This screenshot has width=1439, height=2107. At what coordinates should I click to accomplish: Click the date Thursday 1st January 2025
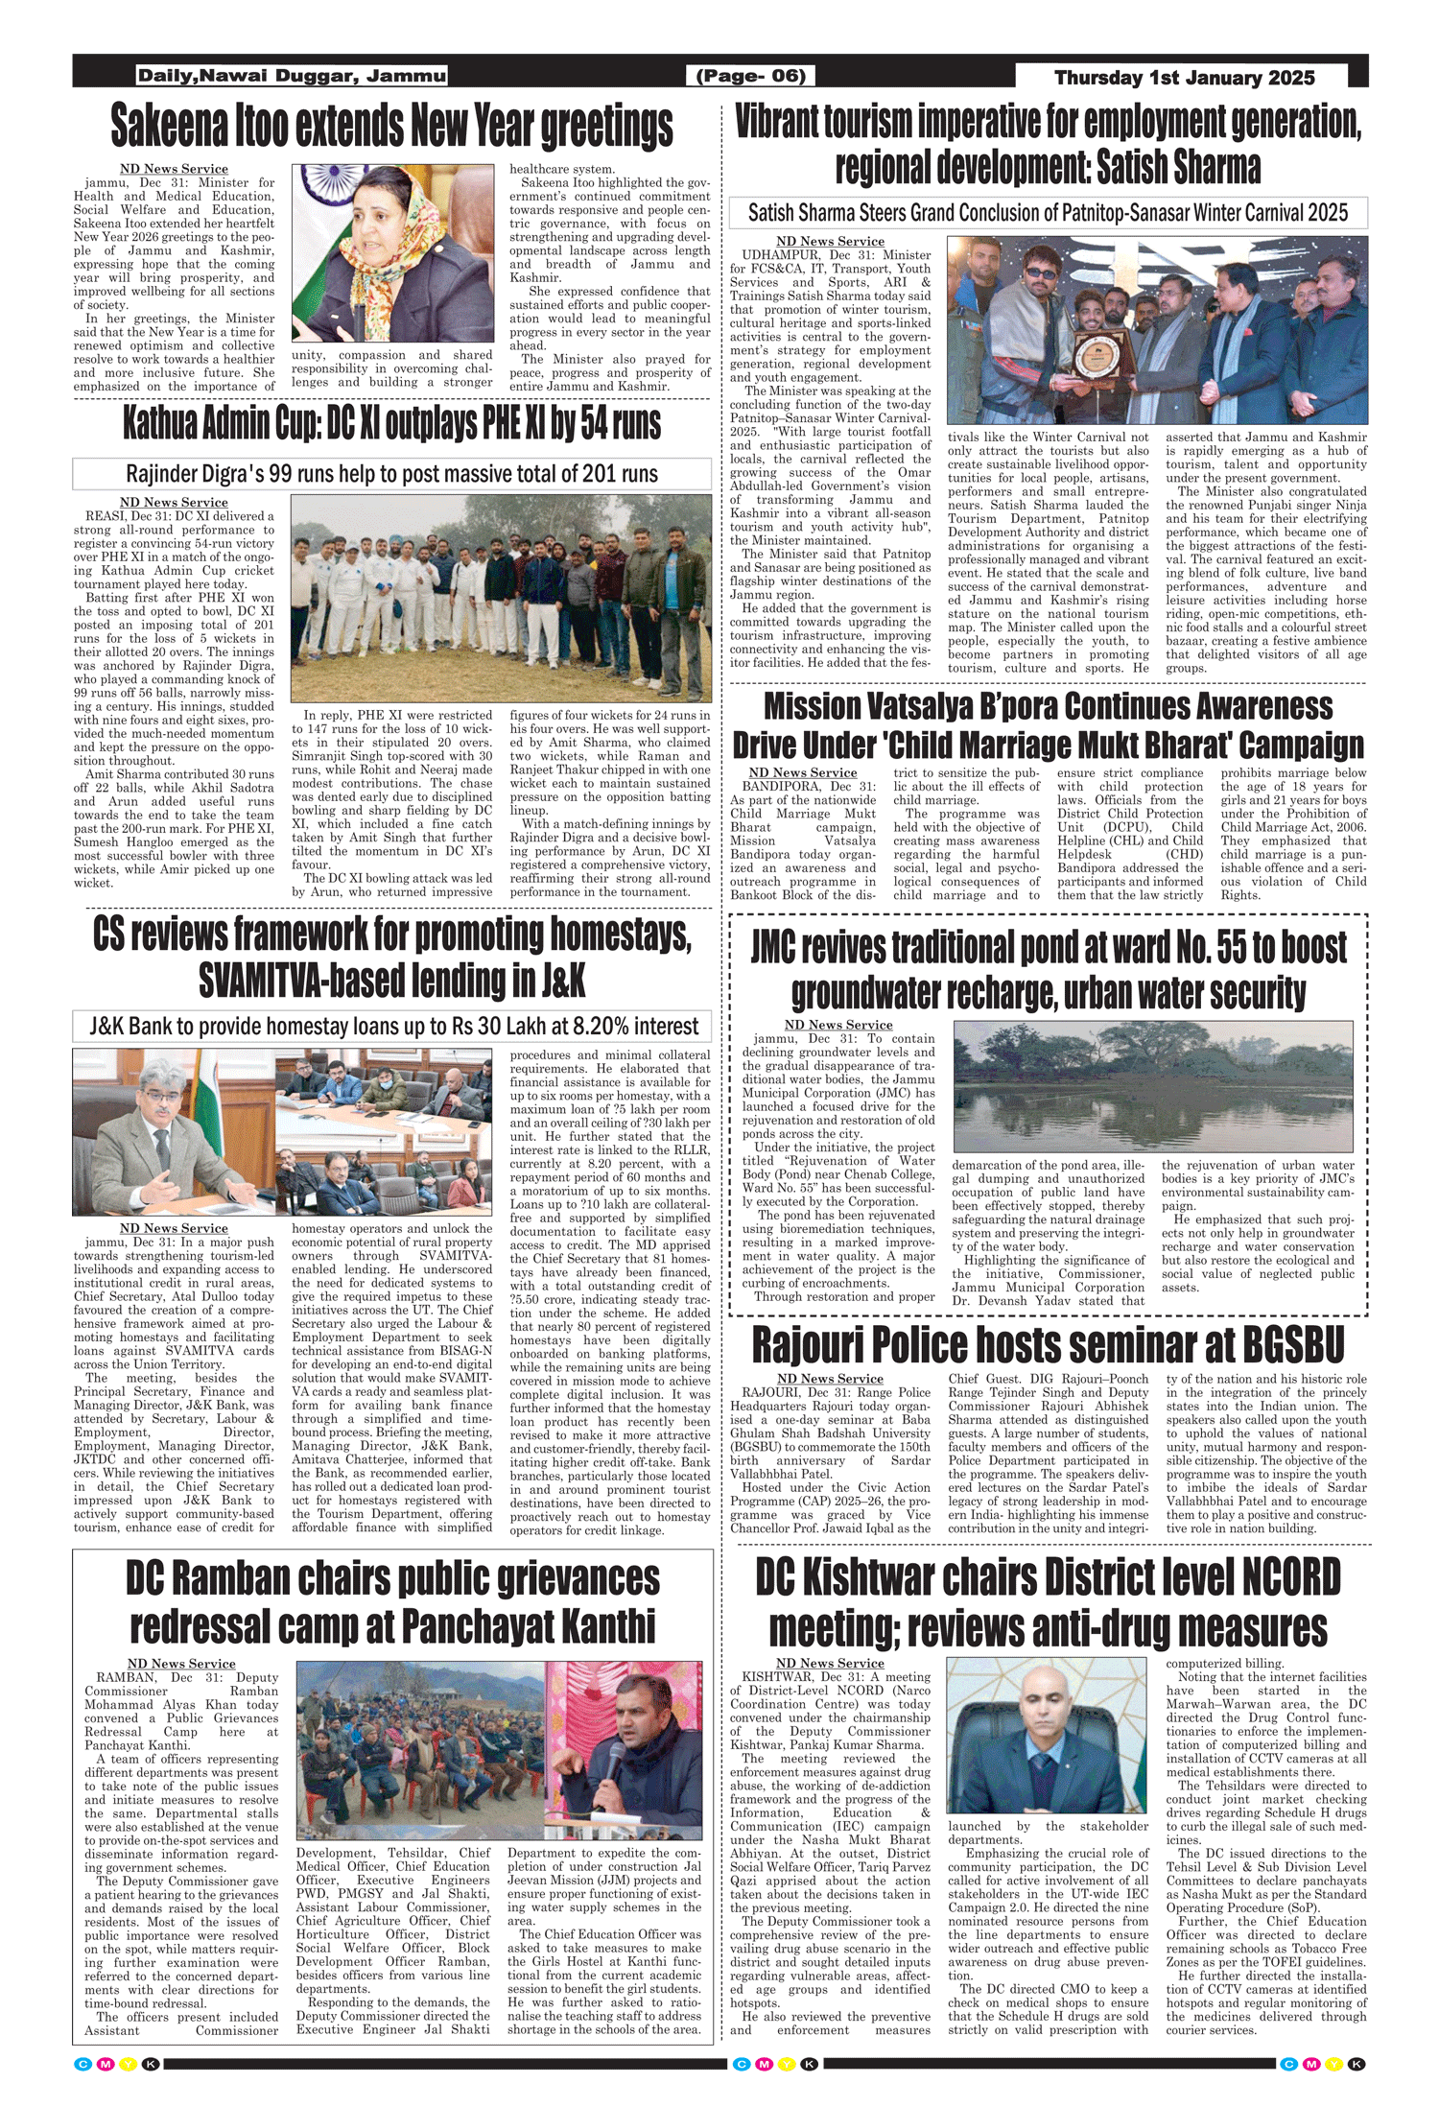(x=1184, y=78)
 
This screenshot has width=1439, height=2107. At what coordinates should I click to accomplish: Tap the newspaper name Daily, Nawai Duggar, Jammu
(x=292, y=76)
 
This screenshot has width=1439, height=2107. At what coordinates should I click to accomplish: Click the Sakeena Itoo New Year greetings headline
(x=392, y=126)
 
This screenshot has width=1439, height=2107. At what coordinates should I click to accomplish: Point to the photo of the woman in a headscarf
(x=392, y=253)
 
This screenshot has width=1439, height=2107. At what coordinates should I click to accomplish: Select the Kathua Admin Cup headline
(x=392, y=423)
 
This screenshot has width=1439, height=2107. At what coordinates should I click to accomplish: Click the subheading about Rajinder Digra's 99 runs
(x=392, y=474)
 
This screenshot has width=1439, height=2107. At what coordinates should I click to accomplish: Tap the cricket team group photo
(x=501, y=598)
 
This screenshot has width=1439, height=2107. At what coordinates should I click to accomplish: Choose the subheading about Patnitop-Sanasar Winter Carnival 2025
(x=1048, y=213)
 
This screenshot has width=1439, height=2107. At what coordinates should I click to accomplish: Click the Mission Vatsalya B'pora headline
(x=1048, y=725)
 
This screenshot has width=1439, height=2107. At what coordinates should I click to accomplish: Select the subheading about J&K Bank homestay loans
(x=392, y=1026)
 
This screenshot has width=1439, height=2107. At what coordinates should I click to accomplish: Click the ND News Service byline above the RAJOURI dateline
(x=830, y=1379)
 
